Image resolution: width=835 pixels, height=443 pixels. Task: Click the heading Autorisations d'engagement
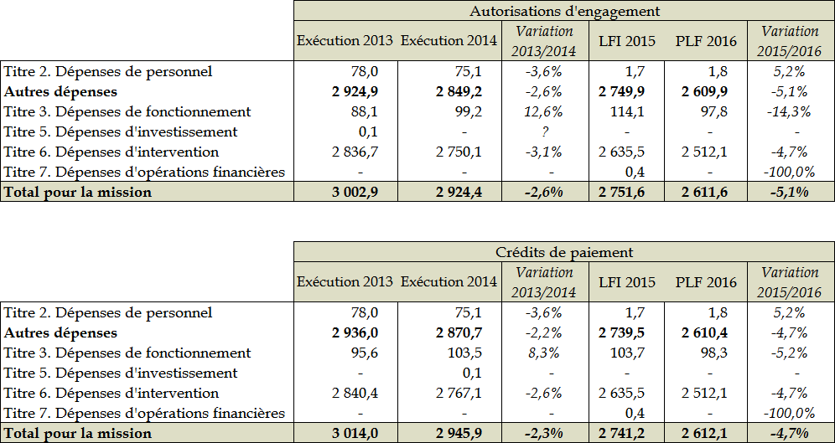coord(564,11)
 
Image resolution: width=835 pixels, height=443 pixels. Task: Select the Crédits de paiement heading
coord(564,252)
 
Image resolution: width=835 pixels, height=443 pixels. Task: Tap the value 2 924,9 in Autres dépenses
coord(355,91)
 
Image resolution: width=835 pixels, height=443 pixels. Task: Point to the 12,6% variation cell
coord(544,111)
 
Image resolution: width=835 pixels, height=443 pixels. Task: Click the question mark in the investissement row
coord(544,131)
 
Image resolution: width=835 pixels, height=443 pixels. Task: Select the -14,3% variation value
coord(789,111)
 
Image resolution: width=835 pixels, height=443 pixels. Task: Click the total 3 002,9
coord(355,192)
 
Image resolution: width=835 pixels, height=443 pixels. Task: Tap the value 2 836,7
coord(355,152)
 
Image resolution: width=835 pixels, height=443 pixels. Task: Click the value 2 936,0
coord(355,332)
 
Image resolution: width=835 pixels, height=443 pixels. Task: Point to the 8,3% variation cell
coord(544,353)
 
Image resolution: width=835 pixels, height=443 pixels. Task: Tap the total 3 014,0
coord(355,433)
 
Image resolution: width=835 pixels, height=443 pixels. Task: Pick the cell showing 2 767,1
coord(459,393)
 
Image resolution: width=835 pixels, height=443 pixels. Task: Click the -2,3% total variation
coord(544,433)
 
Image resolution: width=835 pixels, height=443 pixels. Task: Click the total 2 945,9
coord(459,433)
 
